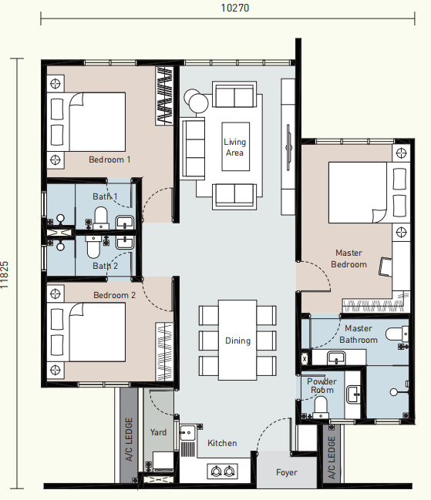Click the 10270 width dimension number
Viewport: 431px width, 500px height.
[235, 8]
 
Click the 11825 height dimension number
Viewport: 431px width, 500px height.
[5, 275]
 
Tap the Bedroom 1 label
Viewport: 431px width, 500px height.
[109, 159]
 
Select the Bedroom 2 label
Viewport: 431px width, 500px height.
[114, 295]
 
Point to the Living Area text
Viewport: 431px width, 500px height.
[235, 147]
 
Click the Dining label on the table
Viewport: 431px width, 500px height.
[237, 341]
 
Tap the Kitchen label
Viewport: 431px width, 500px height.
[222, 443]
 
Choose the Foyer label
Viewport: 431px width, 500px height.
[287, 472]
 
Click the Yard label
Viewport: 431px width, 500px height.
[158, 432]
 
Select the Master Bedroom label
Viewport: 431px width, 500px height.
[349, 259]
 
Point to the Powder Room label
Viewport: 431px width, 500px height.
[322, 386]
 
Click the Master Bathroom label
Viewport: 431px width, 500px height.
[359, 334]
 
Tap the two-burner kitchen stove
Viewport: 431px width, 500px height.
[222, 471]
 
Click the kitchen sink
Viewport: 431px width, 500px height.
[187, 433]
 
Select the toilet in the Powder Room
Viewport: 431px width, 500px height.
[321, 408]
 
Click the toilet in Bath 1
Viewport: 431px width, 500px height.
[101, 219]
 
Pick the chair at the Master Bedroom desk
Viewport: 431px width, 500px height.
[386, 267]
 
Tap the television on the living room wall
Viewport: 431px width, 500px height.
[288, 147]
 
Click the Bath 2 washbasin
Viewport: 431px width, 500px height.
[125, 243]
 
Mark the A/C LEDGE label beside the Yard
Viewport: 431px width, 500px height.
[129, 439]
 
